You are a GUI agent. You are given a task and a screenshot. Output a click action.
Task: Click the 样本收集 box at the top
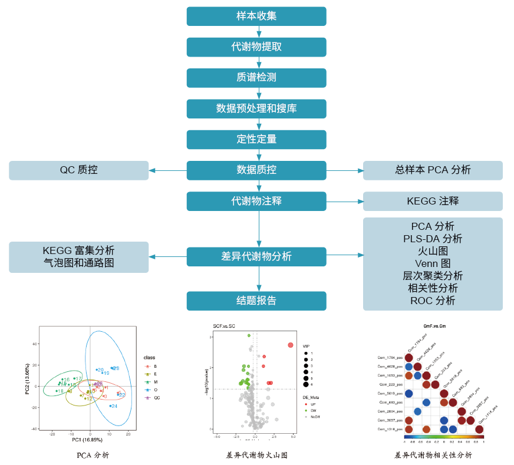point(256,16)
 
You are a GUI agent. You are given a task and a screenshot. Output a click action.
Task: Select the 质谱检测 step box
point(256,77)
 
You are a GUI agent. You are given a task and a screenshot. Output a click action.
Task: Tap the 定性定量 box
point(256,139)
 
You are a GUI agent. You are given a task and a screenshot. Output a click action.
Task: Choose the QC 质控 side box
point(78,170)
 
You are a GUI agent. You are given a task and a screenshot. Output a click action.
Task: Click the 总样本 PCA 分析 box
point(433,170)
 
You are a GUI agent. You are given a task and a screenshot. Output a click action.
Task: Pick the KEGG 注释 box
point(433,201)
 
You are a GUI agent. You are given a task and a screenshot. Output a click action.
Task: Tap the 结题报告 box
point(256,301)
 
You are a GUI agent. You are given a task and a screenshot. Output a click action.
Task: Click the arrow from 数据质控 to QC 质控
point(168,171)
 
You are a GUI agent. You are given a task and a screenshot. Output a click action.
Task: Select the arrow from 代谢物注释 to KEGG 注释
point(345,202)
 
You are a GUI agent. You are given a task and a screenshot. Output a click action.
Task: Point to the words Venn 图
point(433,263)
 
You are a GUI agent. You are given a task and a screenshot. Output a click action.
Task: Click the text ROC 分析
point(433,301)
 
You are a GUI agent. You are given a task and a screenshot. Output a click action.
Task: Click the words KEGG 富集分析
point(78,250)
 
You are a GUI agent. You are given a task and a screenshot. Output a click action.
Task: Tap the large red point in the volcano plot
point(290,345)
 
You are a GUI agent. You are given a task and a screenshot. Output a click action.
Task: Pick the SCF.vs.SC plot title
point(224,327)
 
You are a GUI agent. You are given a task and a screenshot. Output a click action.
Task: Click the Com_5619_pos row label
point(391,393)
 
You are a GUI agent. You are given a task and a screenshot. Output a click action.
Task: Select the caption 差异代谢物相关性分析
point(433,455)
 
